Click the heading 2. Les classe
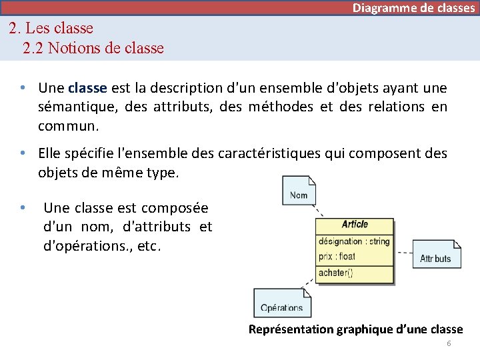pyautogui.click(x=51, y=29)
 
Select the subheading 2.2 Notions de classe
pyautogui.click(x=93, y=48)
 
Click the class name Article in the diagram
pyautogui.click(x=354, y=224)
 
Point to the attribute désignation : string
pyautogui.click(x=354, y=241)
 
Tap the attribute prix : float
pyautogui.click(x=337, y=256)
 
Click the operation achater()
pyautogui.click(x=335, y=272)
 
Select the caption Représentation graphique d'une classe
pyautogui.click(x=355, y=329)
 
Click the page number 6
pyautogui.click(x=449, y=343)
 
